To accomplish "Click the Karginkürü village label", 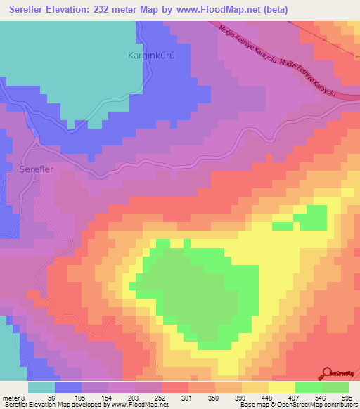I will pos(149,54).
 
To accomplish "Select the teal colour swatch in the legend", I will pos(41,387).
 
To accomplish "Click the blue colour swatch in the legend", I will pos(68,387).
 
